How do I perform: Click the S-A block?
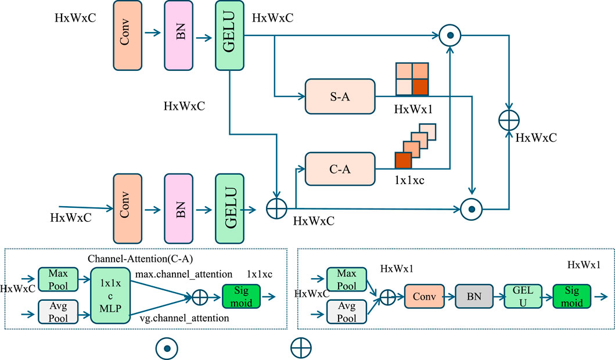click(x=339, y=96)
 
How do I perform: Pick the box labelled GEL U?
click(x=522, y=296)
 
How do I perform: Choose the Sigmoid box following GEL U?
click(x=572, y=296)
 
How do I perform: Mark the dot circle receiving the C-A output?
click(x=449, y=36)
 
